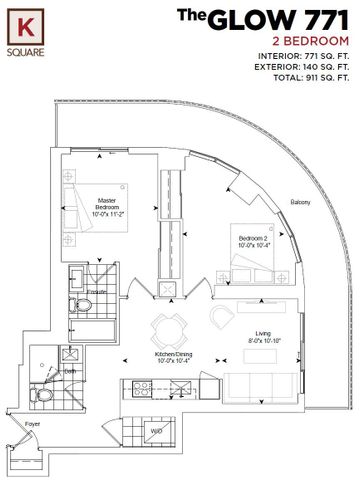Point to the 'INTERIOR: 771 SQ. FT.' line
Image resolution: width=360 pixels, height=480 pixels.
point(299,54)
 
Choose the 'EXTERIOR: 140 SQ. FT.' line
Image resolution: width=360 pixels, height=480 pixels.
point(298,67)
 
